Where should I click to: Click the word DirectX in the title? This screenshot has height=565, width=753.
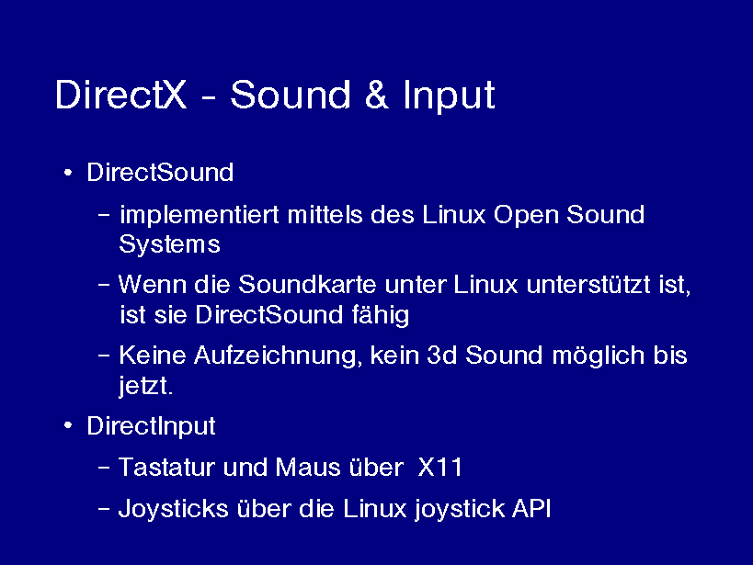(x=120, y=95)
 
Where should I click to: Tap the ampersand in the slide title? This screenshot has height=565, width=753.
(x=376, y=95)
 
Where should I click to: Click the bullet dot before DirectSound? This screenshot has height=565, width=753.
(x=68, y=173)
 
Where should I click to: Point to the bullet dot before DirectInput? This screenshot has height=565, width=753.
(x=68, y=425)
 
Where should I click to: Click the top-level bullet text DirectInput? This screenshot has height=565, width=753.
(x=151, y=426)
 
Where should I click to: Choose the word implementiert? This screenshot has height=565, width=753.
(x=200, y=215)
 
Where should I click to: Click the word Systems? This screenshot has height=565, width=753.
(x=169, y=244)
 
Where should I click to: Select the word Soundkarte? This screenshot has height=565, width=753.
(x=307, y=284)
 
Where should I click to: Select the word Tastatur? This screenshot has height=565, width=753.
(x=166, y=467)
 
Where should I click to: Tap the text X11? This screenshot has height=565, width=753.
(x=439, y=467)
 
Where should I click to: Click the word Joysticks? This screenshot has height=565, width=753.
(x=174, y=509)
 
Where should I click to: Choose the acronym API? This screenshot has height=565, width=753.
(x=531, y=508)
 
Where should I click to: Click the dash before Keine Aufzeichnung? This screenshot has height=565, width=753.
(x=104, y=356)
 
